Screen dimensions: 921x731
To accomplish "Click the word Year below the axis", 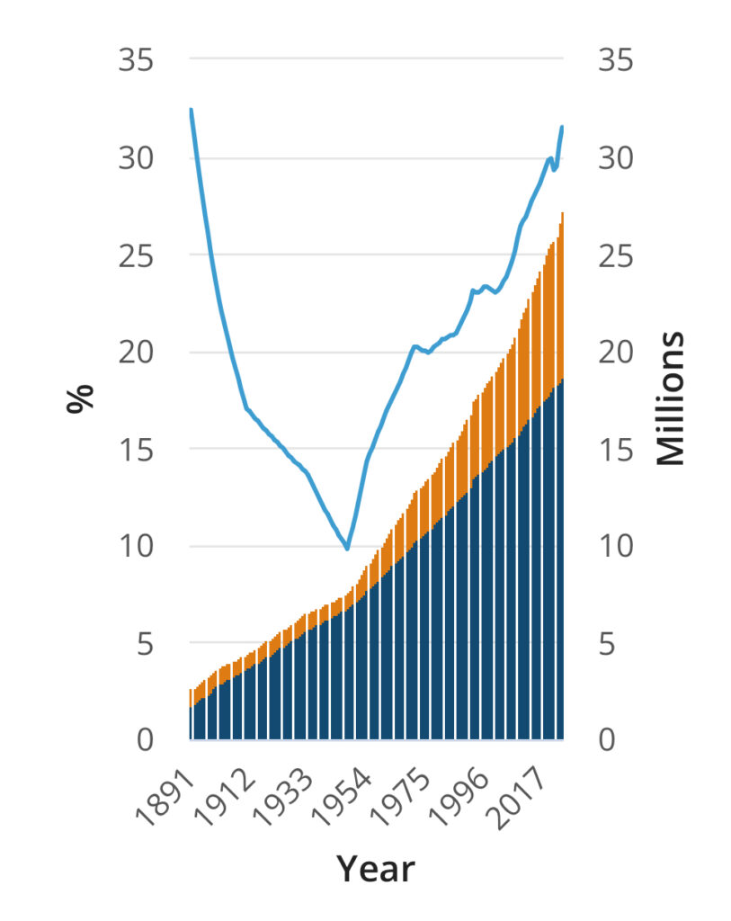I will click(x=376, y=869).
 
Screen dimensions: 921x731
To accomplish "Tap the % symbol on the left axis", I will click(x=81, y=398).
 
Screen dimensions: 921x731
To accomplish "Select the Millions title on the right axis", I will click(x=670, y=398).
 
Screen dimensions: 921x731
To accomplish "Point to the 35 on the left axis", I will click(x=136, y=61).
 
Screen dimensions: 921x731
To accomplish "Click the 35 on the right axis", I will click(x=616, y=61).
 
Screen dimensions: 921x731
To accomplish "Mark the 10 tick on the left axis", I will click(x=136, y=546).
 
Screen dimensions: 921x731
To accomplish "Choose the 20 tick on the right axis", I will click(x=616, y=352).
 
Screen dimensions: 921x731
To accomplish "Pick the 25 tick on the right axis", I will click(x=616, y=255).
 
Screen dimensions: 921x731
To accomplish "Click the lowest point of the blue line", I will click(x=347, y=549).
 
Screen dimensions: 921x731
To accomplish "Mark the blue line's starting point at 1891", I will click(x=191, y=110).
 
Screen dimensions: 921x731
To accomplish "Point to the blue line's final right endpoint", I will click(x=562, y=127).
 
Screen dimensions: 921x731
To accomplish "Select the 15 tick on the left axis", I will click(x=136, y=449).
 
